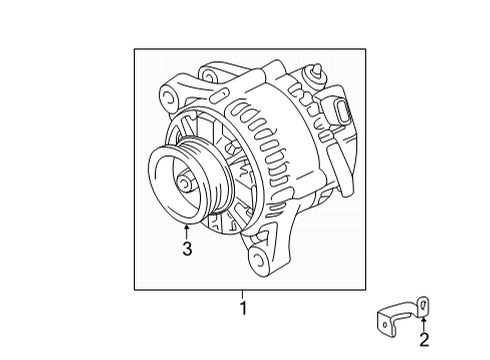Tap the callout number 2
click(424, 341)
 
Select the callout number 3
click(186, 250)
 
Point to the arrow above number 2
click(424, 320)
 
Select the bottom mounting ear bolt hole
click(263, 263)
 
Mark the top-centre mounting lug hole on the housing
click(210, 73)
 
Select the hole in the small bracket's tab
click(423, 302)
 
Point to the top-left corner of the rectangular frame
click(135, 47)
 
